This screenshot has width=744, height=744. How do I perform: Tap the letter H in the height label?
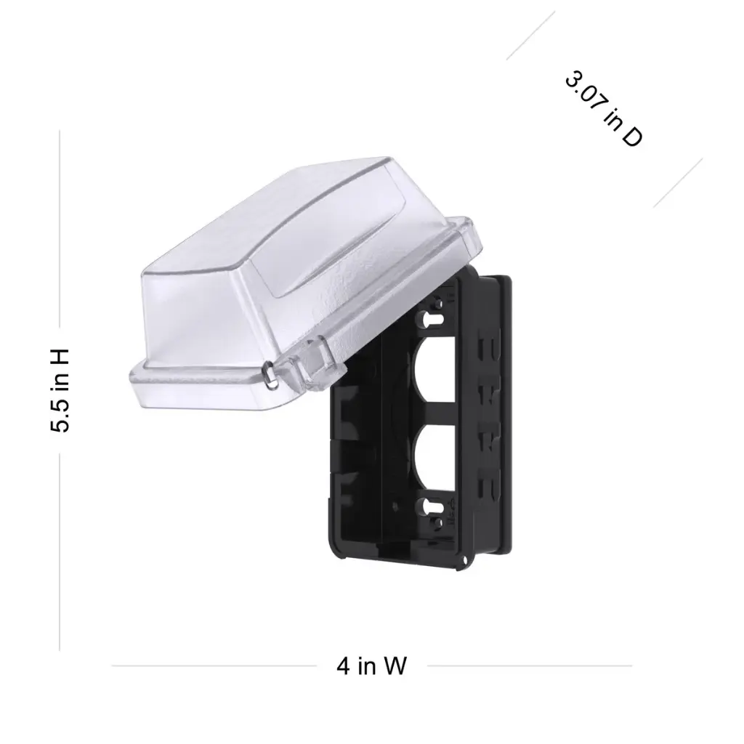(x=60, y=356)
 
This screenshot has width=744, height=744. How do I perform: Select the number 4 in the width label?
(x=344, y=666)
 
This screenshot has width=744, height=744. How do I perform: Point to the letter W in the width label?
(x=395, y=666)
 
